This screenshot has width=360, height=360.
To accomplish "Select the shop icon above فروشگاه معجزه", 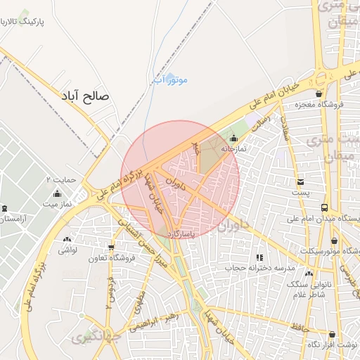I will [x=319, y=94].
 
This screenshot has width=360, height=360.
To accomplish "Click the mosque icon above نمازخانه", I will [x=234, y=138].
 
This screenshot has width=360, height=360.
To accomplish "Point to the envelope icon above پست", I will [x=300, y=182].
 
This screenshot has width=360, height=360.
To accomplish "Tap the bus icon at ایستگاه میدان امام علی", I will [x=324, y=207].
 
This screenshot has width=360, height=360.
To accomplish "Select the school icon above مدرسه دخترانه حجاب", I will [x=259, y=258].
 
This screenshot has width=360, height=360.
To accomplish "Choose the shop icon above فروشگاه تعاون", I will [x=111, y=247].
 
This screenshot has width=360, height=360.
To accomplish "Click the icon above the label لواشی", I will [x=67, y=240].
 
